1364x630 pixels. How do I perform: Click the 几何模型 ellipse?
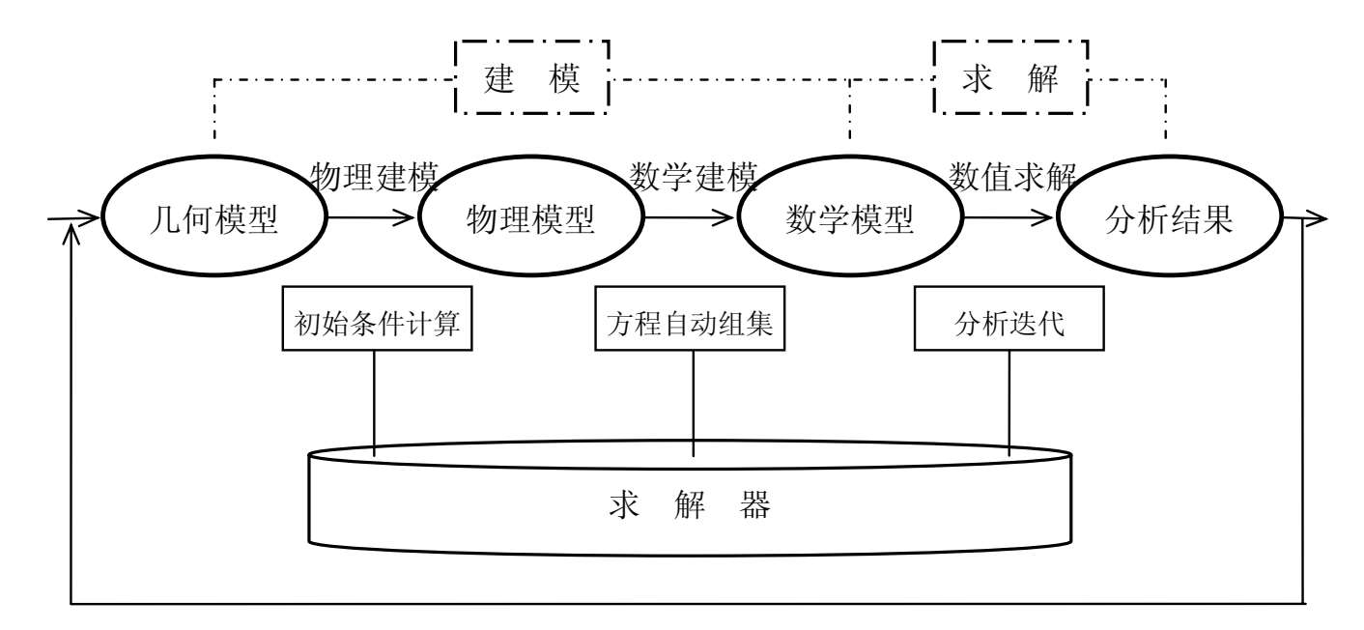(x=215, y=220)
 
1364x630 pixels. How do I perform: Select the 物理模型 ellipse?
(x=531, y=220)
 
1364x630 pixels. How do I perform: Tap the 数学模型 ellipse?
(x=850, y=220)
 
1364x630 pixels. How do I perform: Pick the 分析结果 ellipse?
(x=1169, y=220)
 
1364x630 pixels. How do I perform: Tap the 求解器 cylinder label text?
(x=690, y=504)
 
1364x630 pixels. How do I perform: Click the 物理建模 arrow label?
(x=375, y=176)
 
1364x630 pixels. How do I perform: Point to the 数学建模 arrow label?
(x=693, y=176)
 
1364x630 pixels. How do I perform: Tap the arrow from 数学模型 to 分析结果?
(x=1010, y=218)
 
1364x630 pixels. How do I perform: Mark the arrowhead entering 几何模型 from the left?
(x=92, y=218)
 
